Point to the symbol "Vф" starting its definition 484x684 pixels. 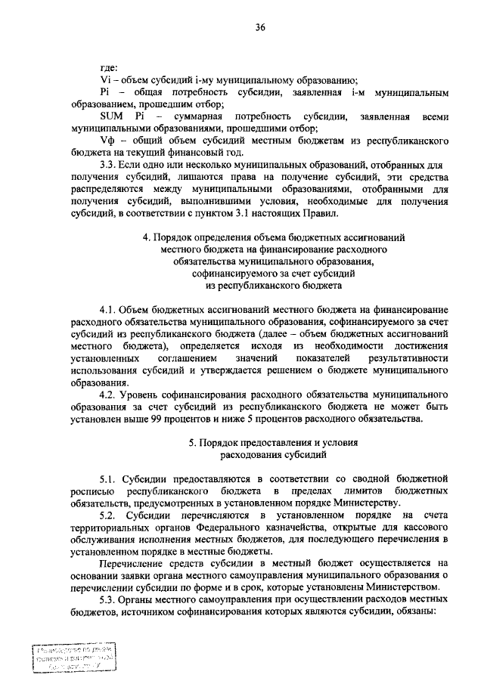pyautogui.click(x=107, y=143)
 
